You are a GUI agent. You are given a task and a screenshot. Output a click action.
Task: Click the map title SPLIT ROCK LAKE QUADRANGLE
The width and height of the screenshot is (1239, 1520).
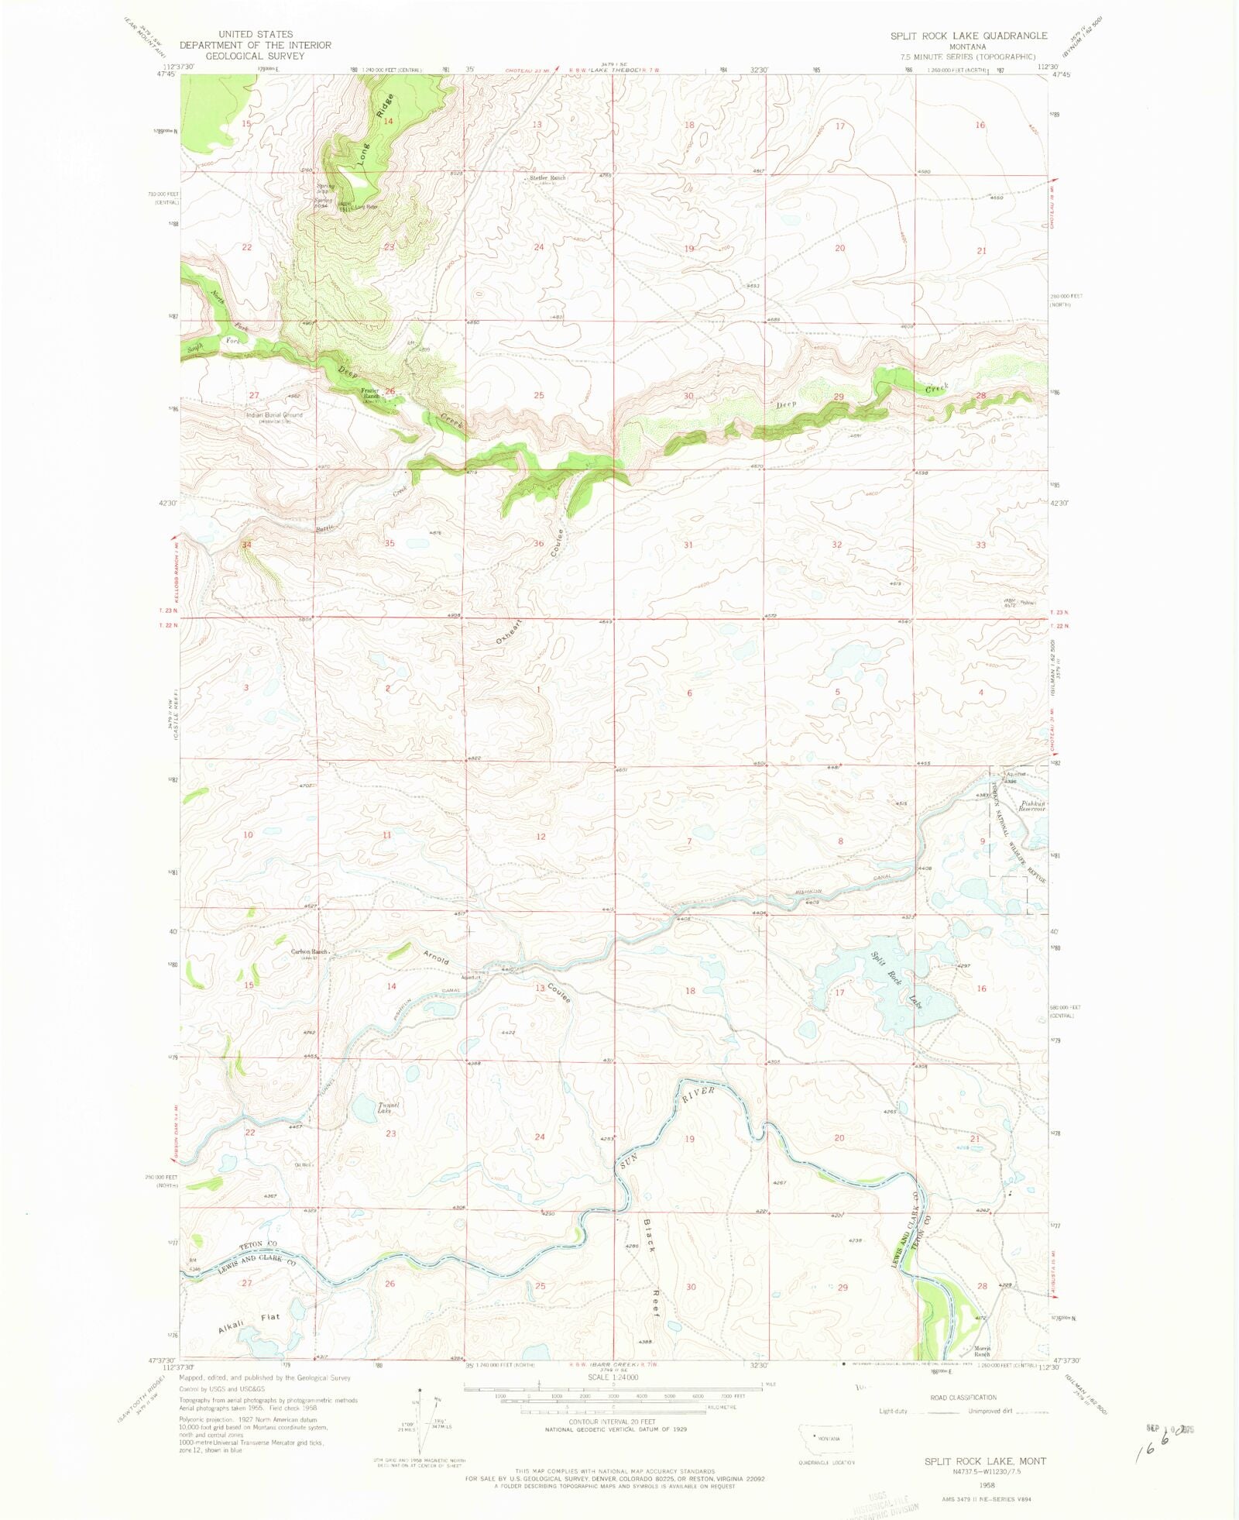(968, 36)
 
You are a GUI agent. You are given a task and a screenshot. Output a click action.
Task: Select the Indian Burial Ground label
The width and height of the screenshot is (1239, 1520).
(274, 415)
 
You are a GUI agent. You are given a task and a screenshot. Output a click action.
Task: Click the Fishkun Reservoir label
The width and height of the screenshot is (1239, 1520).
(1032, 806)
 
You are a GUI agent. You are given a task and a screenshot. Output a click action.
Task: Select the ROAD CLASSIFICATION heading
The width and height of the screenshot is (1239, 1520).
(963, 1398)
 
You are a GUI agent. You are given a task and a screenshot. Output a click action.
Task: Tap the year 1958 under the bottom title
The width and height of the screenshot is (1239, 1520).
(987, 1486)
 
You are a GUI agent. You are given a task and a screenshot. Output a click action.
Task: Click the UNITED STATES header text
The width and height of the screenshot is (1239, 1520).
(256, 34)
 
